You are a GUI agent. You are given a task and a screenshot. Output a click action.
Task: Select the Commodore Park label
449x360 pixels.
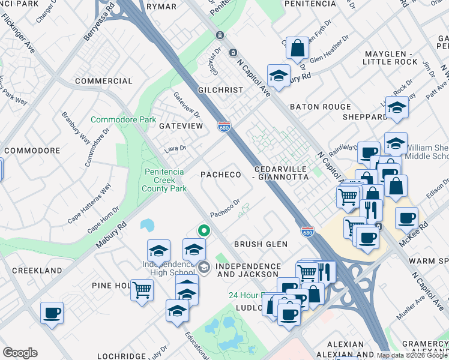coord(123,120)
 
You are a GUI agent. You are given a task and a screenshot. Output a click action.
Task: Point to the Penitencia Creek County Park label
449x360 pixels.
coord(164,180)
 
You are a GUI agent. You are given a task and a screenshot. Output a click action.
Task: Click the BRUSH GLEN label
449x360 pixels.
coord(261,244)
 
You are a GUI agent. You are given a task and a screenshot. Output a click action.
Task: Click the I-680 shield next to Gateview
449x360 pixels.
coord(223,126)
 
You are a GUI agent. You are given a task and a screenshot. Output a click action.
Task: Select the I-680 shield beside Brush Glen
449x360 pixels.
coord(307,231)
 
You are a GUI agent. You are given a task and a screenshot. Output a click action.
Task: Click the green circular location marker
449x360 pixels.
coord(204,230)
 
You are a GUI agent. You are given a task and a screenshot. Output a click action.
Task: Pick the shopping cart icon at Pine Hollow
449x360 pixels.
coord(142,289)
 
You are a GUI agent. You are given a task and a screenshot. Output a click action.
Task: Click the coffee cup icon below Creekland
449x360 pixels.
coord(52,312)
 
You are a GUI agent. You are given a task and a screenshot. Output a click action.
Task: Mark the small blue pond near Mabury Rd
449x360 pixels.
coord(147,225)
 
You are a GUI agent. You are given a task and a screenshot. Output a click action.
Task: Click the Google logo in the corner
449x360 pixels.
coord(20,353)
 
